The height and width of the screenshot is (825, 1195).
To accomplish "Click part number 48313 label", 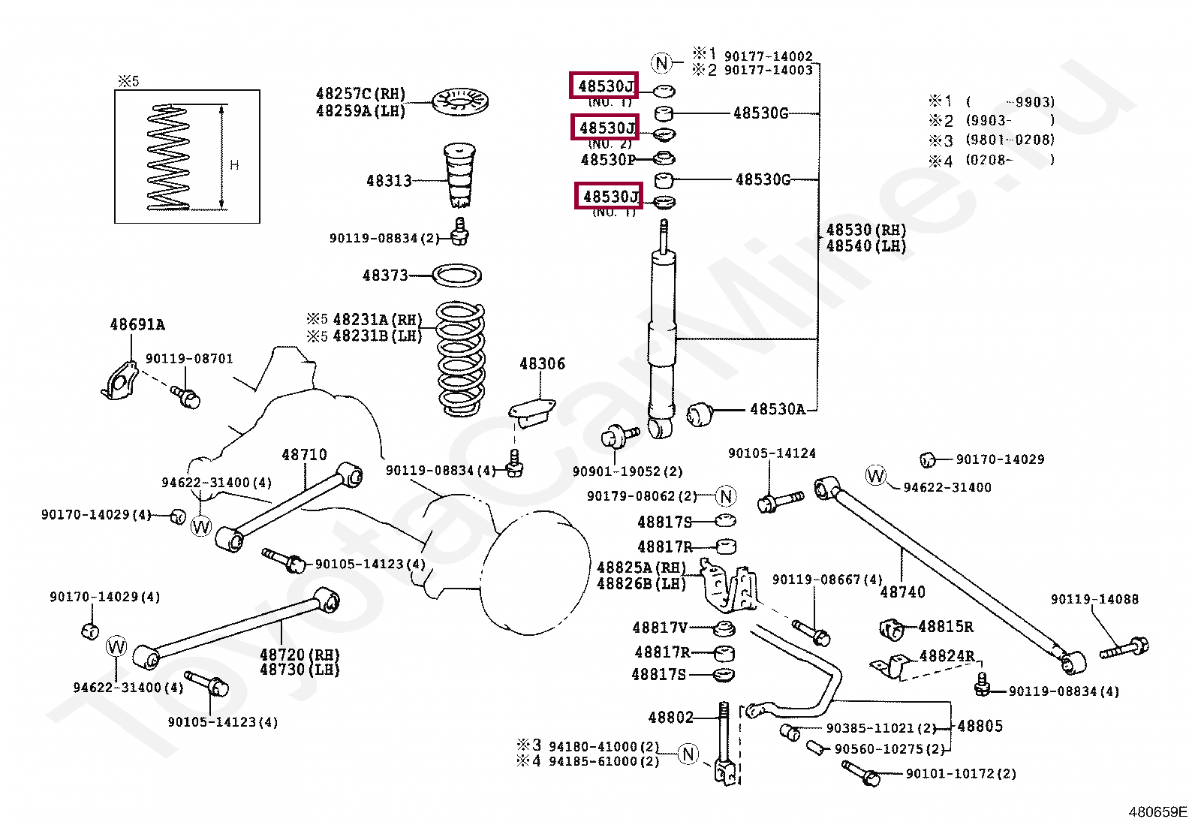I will (389, 181).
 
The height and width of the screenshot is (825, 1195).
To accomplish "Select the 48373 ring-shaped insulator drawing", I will (458, 276).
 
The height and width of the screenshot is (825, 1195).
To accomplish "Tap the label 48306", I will (542, 364).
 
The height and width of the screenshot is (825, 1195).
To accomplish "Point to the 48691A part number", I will (137, 325).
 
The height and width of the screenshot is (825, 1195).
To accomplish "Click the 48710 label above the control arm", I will (304, 455).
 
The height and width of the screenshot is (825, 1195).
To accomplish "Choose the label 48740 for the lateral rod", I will (902, 592).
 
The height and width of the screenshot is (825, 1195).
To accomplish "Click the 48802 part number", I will (671, 718).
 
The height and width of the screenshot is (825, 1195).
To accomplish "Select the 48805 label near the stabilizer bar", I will (980, 726).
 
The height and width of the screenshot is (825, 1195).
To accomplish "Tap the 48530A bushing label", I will (777, 409).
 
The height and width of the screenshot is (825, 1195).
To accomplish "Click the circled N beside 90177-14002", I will (661, 63).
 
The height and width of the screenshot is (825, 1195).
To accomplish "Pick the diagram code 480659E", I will (1157, 811).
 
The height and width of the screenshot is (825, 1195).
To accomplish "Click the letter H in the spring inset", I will (234, 165).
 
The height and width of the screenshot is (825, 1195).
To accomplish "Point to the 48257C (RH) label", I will (360, 94).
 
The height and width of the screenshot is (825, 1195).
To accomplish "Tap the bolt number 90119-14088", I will (1094, 599).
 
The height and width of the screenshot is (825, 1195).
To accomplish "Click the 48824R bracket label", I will (947, 656).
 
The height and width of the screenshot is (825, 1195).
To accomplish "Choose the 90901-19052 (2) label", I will (628, 471).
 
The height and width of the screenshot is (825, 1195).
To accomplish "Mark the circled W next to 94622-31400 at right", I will (876, 475).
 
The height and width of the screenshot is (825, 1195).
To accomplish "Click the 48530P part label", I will (608, 160).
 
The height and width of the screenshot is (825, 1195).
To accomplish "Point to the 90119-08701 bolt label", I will (189, 359).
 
